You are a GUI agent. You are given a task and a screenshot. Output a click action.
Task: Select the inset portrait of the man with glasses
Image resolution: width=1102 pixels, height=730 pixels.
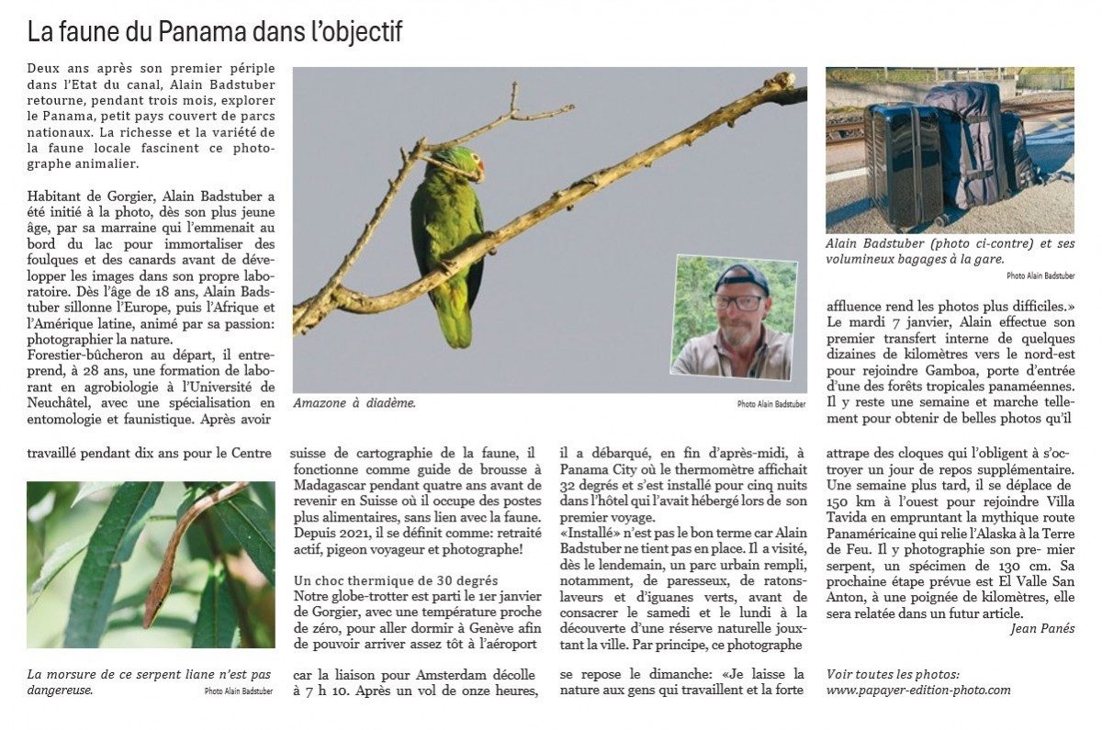pos(734,317)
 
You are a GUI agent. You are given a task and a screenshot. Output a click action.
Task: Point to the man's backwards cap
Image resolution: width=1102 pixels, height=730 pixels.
pos(740,275)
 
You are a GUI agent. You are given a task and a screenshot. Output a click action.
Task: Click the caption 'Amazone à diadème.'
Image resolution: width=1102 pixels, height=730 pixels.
pos(354,403)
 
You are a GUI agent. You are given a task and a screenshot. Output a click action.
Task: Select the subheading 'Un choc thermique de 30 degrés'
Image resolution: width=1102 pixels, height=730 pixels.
pos(396,580)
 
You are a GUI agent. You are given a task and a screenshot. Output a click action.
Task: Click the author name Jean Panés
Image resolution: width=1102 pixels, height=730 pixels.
pos(1041,629)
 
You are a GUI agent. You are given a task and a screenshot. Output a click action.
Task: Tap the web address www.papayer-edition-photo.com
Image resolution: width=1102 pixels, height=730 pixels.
pos(918,690)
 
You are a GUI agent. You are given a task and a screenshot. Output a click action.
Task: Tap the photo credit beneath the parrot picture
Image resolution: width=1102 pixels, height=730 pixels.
pos(770,404)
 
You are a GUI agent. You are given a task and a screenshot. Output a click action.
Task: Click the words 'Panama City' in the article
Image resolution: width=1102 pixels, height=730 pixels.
pos(600,468)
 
